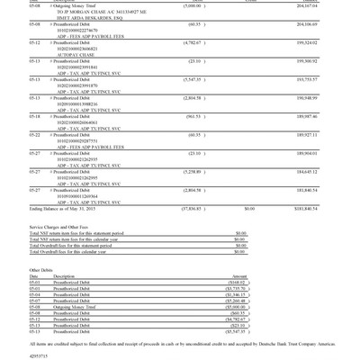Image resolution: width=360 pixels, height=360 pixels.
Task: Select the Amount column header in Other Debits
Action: click(x=239, y=276)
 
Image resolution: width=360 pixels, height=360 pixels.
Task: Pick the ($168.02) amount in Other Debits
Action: click(x=238, y=282)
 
